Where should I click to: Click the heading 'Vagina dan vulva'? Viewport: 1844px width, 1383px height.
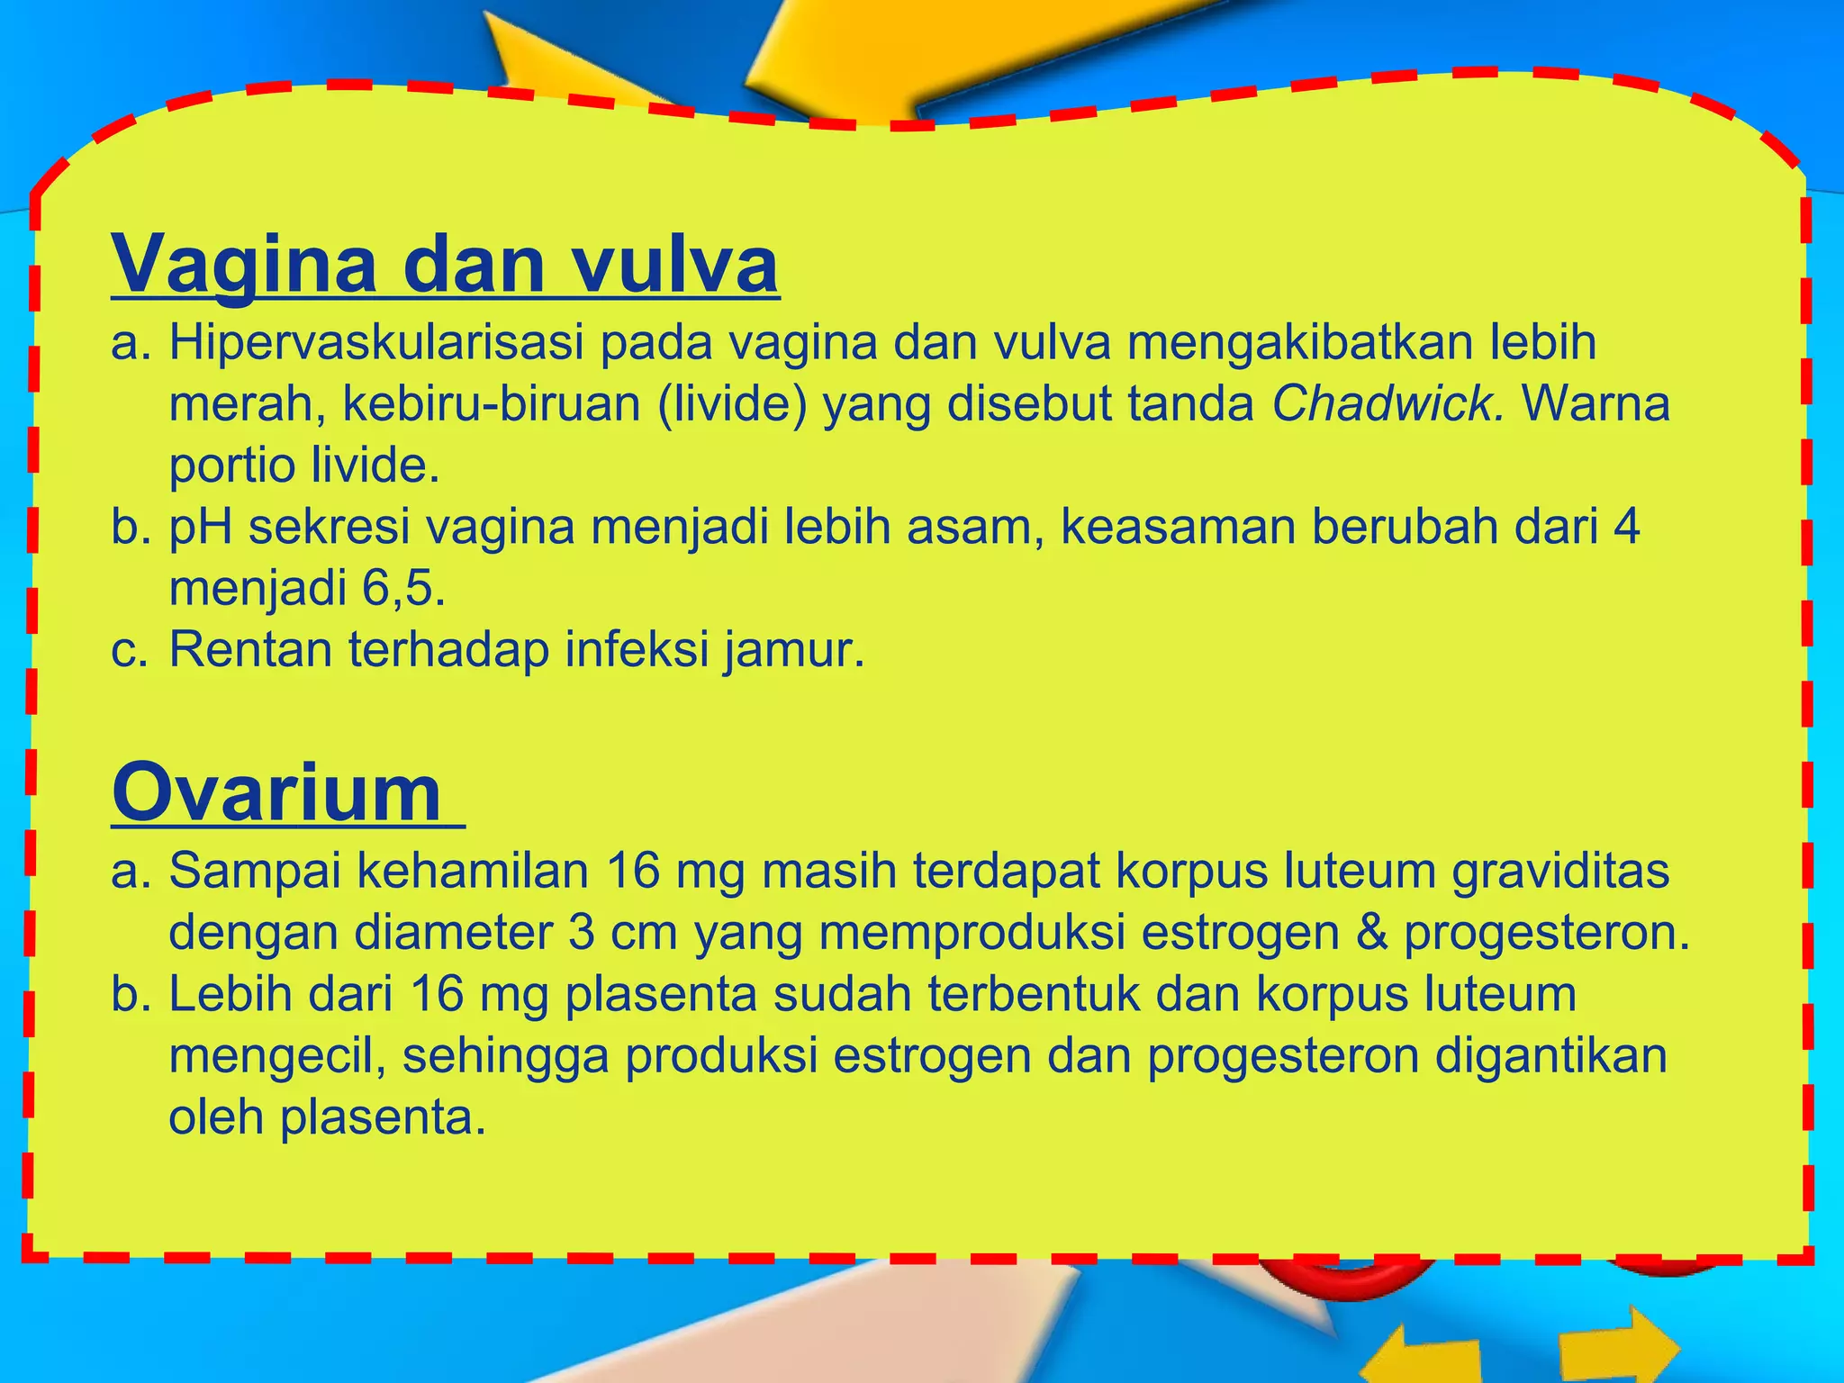click(445, 264)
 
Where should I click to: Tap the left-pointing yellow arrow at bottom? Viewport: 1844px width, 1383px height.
click(1423, 1355)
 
